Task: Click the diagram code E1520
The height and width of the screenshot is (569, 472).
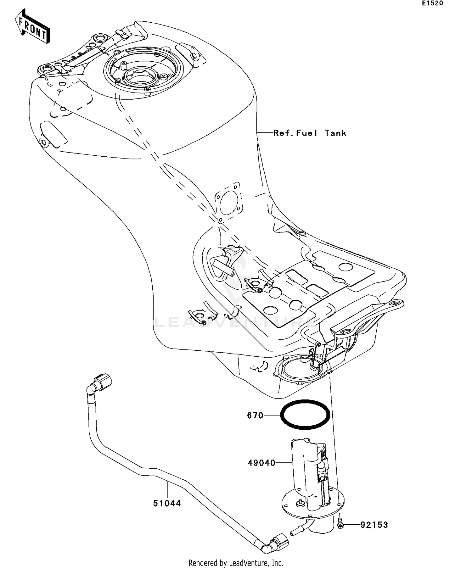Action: (432, 3)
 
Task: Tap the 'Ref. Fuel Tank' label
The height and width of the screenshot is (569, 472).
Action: (310, 133)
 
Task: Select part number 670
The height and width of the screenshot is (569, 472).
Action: (255, 416)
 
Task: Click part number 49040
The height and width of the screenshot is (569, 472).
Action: (261, 463)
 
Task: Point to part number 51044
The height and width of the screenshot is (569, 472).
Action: (167, 504)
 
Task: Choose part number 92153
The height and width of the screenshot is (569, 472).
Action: (374, 525)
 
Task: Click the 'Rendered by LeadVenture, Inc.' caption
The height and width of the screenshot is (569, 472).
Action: (236, 563)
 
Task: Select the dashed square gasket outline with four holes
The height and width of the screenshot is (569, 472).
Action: (229, 203)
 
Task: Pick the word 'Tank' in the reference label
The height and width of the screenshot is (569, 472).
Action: (335, 133)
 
